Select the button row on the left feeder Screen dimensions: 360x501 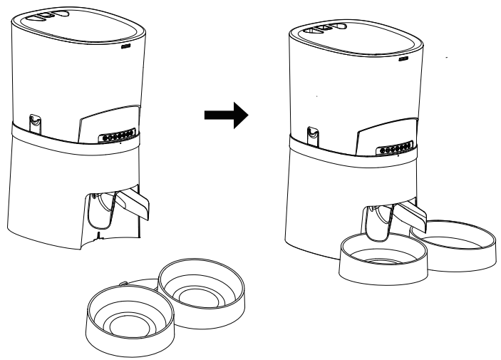(115, 134)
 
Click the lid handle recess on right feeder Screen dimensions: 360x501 (326, 31)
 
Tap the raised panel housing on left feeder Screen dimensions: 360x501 (107, 121)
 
